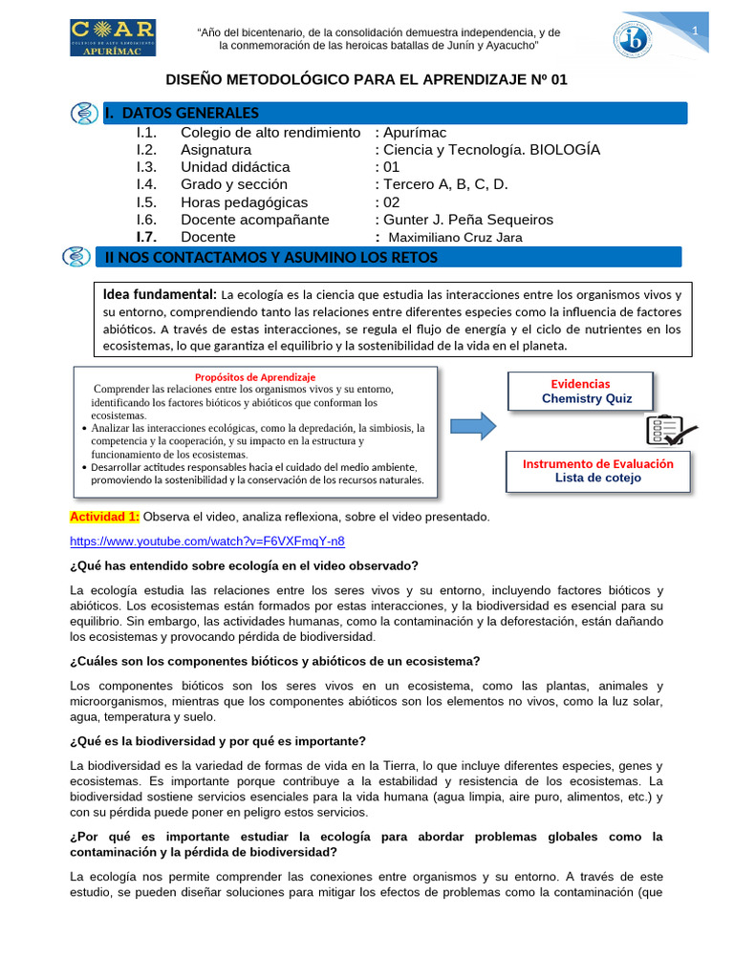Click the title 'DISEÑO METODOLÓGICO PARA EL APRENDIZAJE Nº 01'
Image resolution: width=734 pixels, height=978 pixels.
coord(367,80)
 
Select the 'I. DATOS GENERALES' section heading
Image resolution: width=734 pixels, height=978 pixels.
coord(182,114)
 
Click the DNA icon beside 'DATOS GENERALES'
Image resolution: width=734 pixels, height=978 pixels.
coord(85,114)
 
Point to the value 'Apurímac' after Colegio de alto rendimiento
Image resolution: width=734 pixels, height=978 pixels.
coord(415,133)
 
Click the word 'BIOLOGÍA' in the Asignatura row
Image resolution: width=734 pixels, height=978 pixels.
coord(565,150)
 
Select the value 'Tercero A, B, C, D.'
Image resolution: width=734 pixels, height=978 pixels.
coord(445,184)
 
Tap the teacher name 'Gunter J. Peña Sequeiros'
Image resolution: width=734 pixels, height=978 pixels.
coord(468,220)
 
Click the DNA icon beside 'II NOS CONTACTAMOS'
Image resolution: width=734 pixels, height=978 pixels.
coord(76,257)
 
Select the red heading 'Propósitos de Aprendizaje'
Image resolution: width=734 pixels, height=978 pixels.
coord(255,377)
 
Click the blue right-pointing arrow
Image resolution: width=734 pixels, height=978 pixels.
coord(473,425)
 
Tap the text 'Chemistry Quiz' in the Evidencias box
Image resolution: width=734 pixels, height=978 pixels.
coord(587,398)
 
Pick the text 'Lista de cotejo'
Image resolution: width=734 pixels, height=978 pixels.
coord(598,478)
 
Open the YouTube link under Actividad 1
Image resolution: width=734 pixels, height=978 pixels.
coord(207,541)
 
